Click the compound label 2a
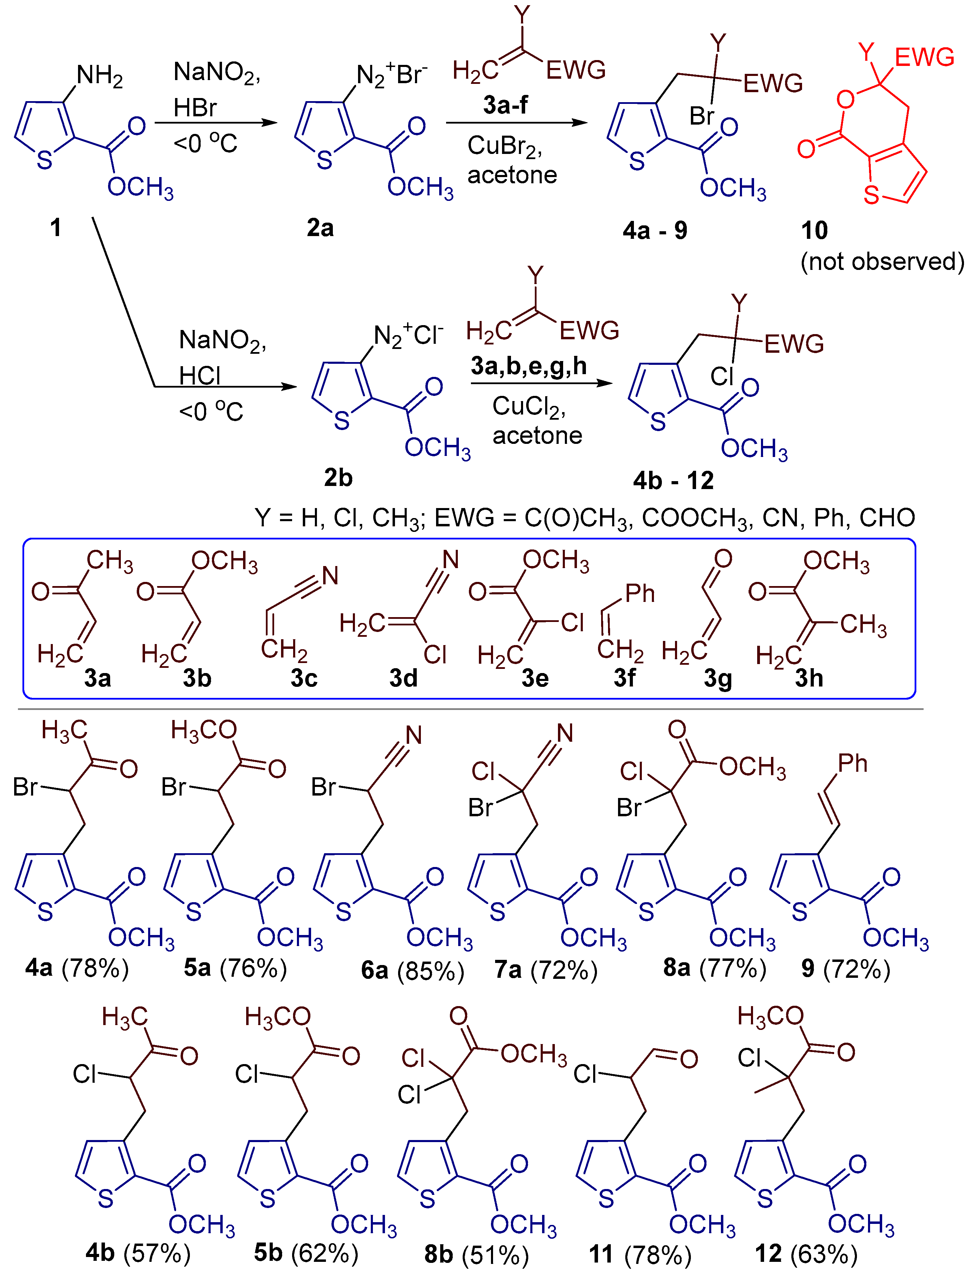320,228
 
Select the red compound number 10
814,231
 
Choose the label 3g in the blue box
718,678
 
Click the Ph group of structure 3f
640,593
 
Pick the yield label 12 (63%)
806,1254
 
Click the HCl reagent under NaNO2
200,376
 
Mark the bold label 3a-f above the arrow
505,105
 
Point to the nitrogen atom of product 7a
565,734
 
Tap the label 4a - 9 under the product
655,231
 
